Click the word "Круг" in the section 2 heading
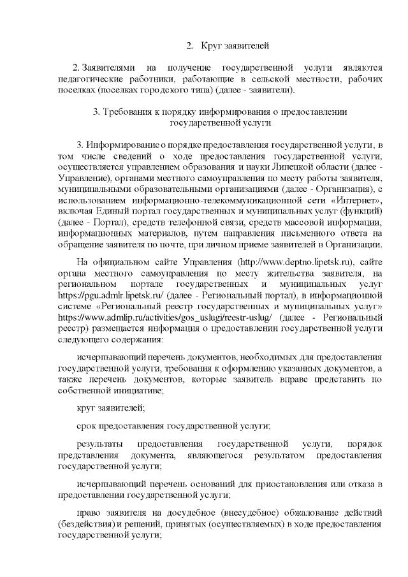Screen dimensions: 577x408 coord(210,46)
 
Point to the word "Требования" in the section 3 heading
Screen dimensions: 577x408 coord(133,112)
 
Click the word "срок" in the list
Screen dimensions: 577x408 coord(86,425)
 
